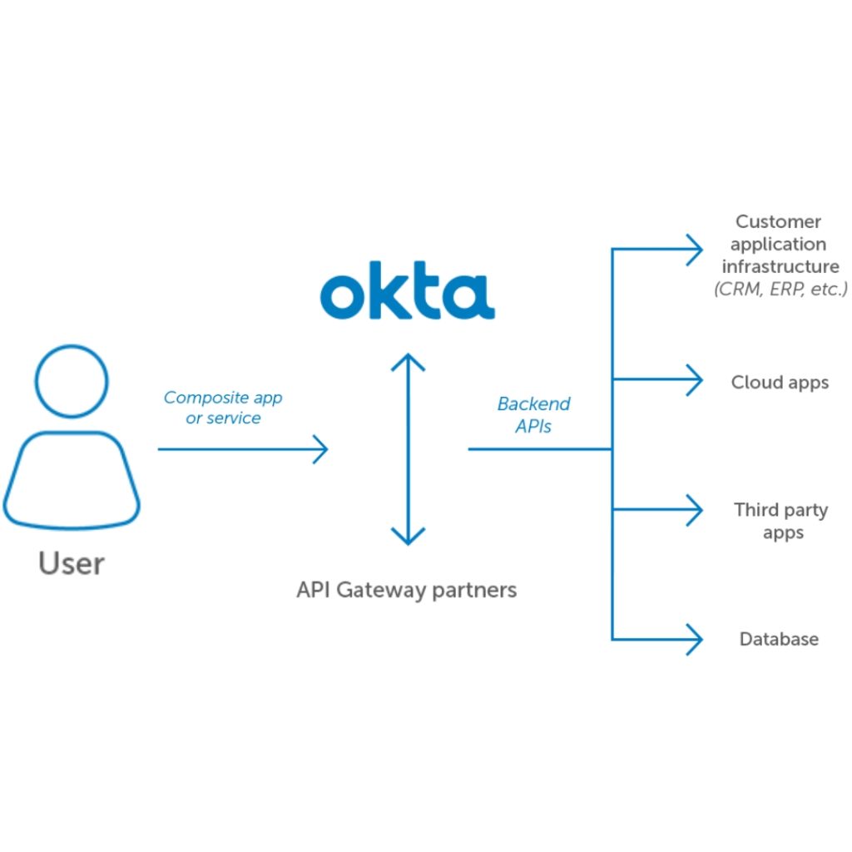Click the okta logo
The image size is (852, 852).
pos(407,292)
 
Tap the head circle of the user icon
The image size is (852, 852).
pos(72,382)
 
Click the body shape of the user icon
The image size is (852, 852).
pos(72,480)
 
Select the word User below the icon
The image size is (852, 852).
pos(72,563)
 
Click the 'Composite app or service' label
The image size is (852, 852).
pos(223,408)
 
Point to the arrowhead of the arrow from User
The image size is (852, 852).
pos(320,449)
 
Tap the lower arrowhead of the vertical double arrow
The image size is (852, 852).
pos(408,536)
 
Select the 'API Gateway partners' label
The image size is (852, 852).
pos(407,590)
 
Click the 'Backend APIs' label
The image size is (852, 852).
pos(533,414)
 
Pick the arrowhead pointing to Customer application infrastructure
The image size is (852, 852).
pos(696,248)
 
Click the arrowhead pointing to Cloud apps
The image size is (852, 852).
pos(696,380)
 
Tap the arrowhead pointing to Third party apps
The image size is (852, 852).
pos(696,509)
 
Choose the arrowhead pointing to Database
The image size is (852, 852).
pos(696,639)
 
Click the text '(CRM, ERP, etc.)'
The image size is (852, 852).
pos(780,290)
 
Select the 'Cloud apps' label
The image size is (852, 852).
pos(780,382)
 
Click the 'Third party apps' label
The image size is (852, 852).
pos(781,521)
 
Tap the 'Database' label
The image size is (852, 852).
pos(780,639)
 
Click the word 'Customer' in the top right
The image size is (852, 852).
pos(779,221)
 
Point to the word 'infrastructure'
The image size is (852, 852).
pos(780,267)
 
